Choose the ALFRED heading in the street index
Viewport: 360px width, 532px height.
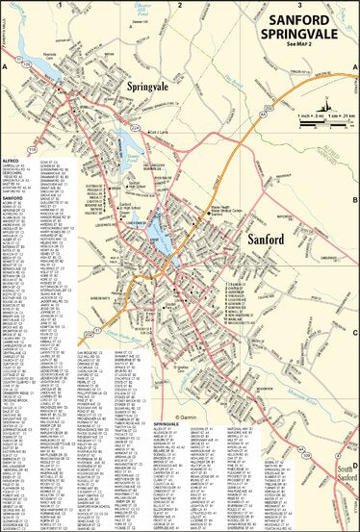pyautogui.click(x=13, y=161)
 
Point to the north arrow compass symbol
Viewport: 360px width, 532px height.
pyautogui.click(x=327, y=103)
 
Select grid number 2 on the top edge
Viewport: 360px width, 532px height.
pyautogui.click(x=179, y=5)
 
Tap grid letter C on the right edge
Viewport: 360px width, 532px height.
pyautogui.click(x=355, y=333)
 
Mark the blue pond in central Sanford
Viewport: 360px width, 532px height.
pyautogui.click(x=156, y=231)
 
